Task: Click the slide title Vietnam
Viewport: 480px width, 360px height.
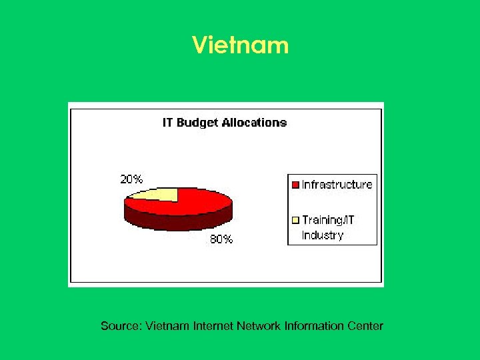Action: point(240,45)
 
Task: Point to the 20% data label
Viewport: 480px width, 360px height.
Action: point(131,179)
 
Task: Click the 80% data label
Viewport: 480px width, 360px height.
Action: point(221,239)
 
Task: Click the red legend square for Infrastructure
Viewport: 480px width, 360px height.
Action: point(295,185)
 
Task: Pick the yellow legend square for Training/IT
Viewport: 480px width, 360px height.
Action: point(295,219)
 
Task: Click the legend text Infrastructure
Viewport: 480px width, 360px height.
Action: point(337,185)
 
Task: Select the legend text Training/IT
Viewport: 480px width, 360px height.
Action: point(328,219)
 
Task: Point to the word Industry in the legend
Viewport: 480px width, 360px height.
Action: point(323,235)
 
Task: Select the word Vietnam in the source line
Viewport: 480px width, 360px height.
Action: point(167,326)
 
